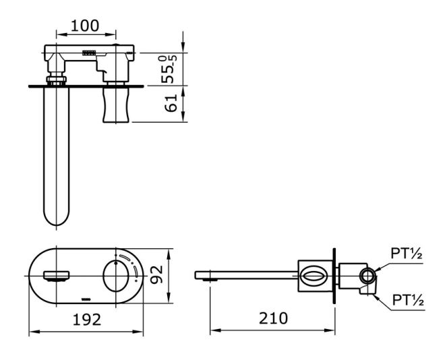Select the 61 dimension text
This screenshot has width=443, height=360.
click(x=171, y=103)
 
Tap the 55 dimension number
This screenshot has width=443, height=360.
click(x=171, y=70)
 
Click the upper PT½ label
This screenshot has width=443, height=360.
click(x=407, y=254)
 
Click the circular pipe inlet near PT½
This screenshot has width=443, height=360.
click(x=368, y=274)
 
